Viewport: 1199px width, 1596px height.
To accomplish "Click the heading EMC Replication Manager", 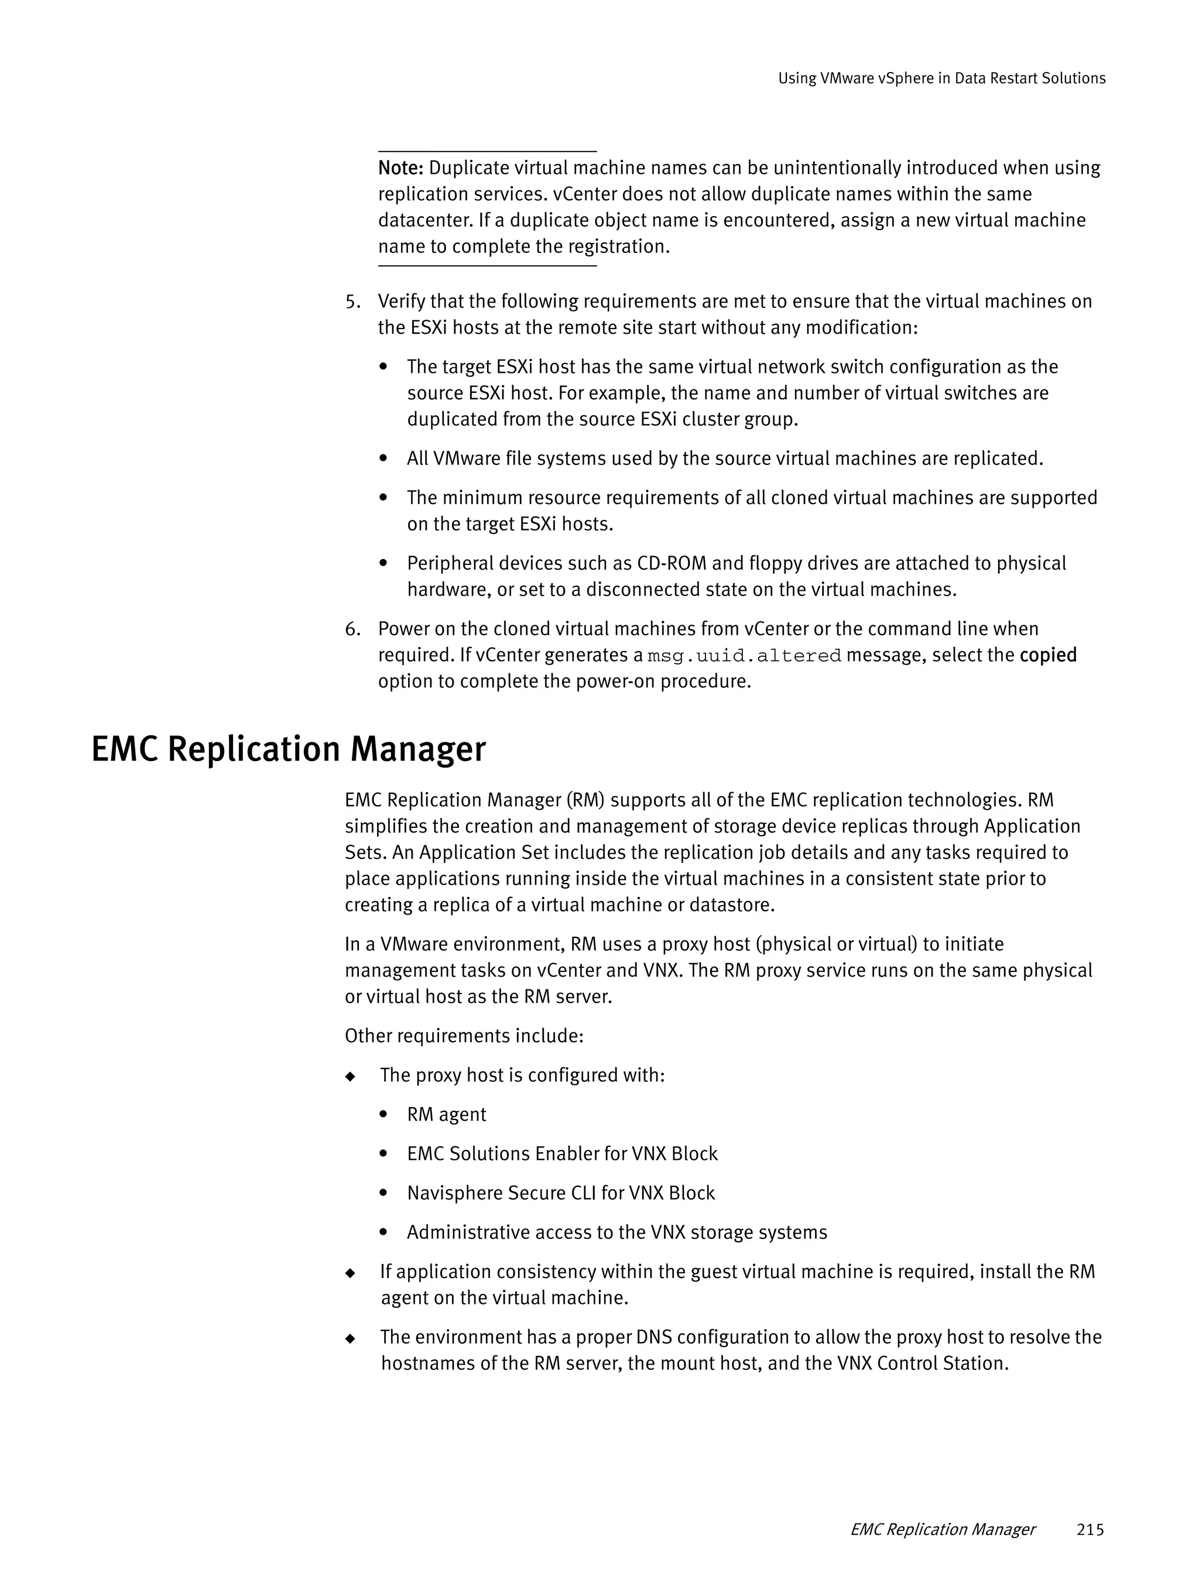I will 288,749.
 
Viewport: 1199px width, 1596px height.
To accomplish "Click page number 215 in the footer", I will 1090,1529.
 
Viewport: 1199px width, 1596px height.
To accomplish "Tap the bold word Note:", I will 400,168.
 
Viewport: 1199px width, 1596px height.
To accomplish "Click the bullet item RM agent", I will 446,1115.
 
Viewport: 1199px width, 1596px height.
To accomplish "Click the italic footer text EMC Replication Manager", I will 942,1529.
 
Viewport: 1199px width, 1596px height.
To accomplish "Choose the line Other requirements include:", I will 464,1036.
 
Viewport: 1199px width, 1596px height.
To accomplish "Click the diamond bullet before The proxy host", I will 351,1077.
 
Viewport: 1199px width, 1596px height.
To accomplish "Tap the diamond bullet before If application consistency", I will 351,1273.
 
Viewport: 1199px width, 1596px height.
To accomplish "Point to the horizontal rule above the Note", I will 487,152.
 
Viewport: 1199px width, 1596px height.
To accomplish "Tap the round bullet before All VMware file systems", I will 384,459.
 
